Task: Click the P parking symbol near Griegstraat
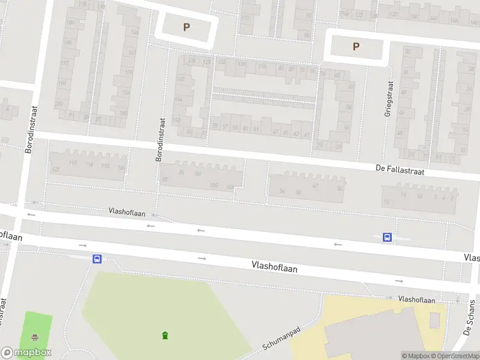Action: click(x=356, y=47)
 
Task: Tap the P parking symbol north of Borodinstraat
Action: click(x=186, y=27)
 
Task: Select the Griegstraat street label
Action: click(x=389, y=98)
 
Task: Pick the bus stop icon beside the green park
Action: click(x=97, y=259)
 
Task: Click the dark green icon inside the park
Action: click(x=164, y=335)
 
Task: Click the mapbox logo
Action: click(x=26, y=353)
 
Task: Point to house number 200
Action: click(x=59, y=103)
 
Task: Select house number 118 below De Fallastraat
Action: click(x=89, y=164)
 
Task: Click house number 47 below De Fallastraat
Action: click(x=315, y=185)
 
